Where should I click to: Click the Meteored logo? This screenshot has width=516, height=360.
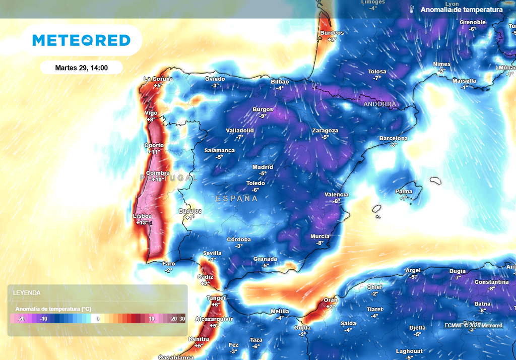(x=81, y=40)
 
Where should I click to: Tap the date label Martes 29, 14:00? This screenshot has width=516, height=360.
(x=81, y=68)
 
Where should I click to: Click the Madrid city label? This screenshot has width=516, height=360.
(x=263, y=167)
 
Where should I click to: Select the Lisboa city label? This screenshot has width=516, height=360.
(x=142, y=216)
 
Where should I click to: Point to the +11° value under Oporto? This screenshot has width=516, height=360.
(x=153, y=152)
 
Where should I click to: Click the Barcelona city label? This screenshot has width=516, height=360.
(x=394, y=138)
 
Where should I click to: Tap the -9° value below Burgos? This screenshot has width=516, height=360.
(x=263, y=116)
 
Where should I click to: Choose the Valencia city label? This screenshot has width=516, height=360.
(x=337, y=195)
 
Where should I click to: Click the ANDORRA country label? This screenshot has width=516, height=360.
(x=379, y=104)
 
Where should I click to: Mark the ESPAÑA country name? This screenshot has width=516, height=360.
(x=237, y=199)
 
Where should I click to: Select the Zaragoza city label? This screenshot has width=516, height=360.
(x=325, y=131)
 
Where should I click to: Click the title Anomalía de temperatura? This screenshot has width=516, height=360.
(x=462, y=10)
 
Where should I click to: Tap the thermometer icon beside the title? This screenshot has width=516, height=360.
(x=412, y=10)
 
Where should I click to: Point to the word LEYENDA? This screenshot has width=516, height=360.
(x=27, y=292)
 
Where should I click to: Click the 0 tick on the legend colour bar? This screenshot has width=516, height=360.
(x=98, y=319)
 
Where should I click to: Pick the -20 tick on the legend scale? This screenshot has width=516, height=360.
(x=21, y=319)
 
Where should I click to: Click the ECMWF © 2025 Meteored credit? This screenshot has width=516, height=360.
(x=473, y=325)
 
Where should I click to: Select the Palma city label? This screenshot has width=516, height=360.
(x=404, y=192)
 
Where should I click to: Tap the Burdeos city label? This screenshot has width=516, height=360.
(x=332, y=33)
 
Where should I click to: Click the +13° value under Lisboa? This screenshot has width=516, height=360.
(x=143, y=222)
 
